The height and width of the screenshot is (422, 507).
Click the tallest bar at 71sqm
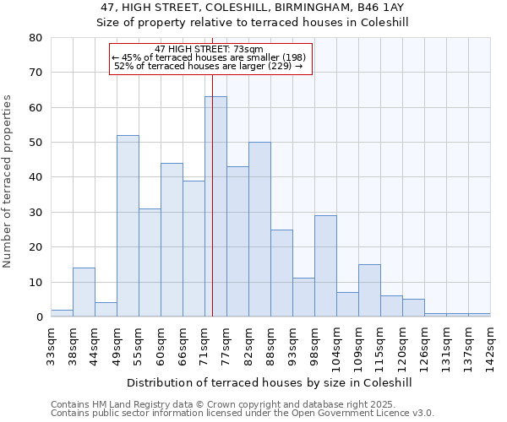click(x=215, y=207)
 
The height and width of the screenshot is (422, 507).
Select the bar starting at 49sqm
click(x=128, y=226)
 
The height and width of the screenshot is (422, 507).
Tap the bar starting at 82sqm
click(x=259, y=230)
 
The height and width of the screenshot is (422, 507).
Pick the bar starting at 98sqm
click(x=325, y=266)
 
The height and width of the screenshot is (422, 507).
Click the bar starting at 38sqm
click(x=84, y=292)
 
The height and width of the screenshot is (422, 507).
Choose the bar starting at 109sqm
click(x=369, y=290)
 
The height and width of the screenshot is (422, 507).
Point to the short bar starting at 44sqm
click(x=106, y=310)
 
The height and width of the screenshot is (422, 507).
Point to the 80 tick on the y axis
click(x=35, y=38)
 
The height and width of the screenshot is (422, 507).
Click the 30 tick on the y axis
click(x=35, y=213)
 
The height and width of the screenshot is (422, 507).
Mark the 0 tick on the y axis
click(x=38, y=317)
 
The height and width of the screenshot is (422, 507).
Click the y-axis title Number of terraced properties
click(x=8, y=181)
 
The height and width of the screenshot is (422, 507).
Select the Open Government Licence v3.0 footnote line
click(x=242, y=414)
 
